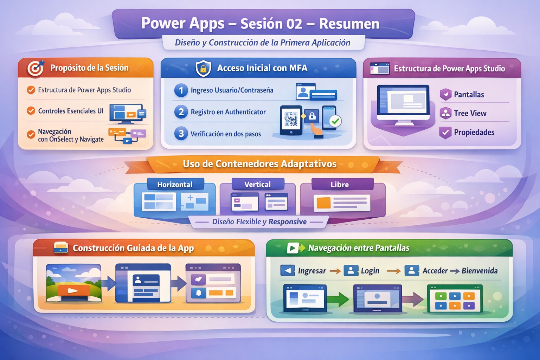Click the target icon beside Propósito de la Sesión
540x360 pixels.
coord(36,68)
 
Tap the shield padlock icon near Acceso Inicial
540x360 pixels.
coord(203,69)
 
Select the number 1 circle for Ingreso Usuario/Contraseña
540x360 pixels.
coord(181,90)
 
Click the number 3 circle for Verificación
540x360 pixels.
coord(181,133)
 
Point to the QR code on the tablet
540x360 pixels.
coord(291,119)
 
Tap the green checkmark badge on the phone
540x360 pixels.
coord(335,121)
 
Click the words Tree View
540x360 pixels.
coord(470,113)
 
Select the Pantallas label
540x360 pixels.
coord(469,95)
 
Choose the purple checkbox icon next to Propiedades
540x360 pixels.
coord(445,133)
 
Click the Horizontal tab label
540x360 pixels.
coord(175,185)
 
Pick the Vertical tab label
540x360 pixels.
coord(257,185)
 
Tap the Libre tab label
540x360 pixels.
coord(340,185)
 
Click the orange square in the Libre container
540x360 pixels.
coord(323,203)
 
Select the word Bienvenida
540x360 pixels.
coord(480,271)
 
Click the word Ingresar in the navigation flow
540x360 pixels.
coord(312,271)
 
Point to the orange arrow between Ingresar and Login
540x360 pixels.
coord(335,271)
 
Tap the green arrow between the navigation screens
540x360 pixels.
coord(338,299)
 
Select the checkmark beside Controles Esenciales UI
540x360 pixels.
coord(31,111)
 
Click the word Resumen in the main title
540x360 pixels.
coord(349,24)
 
